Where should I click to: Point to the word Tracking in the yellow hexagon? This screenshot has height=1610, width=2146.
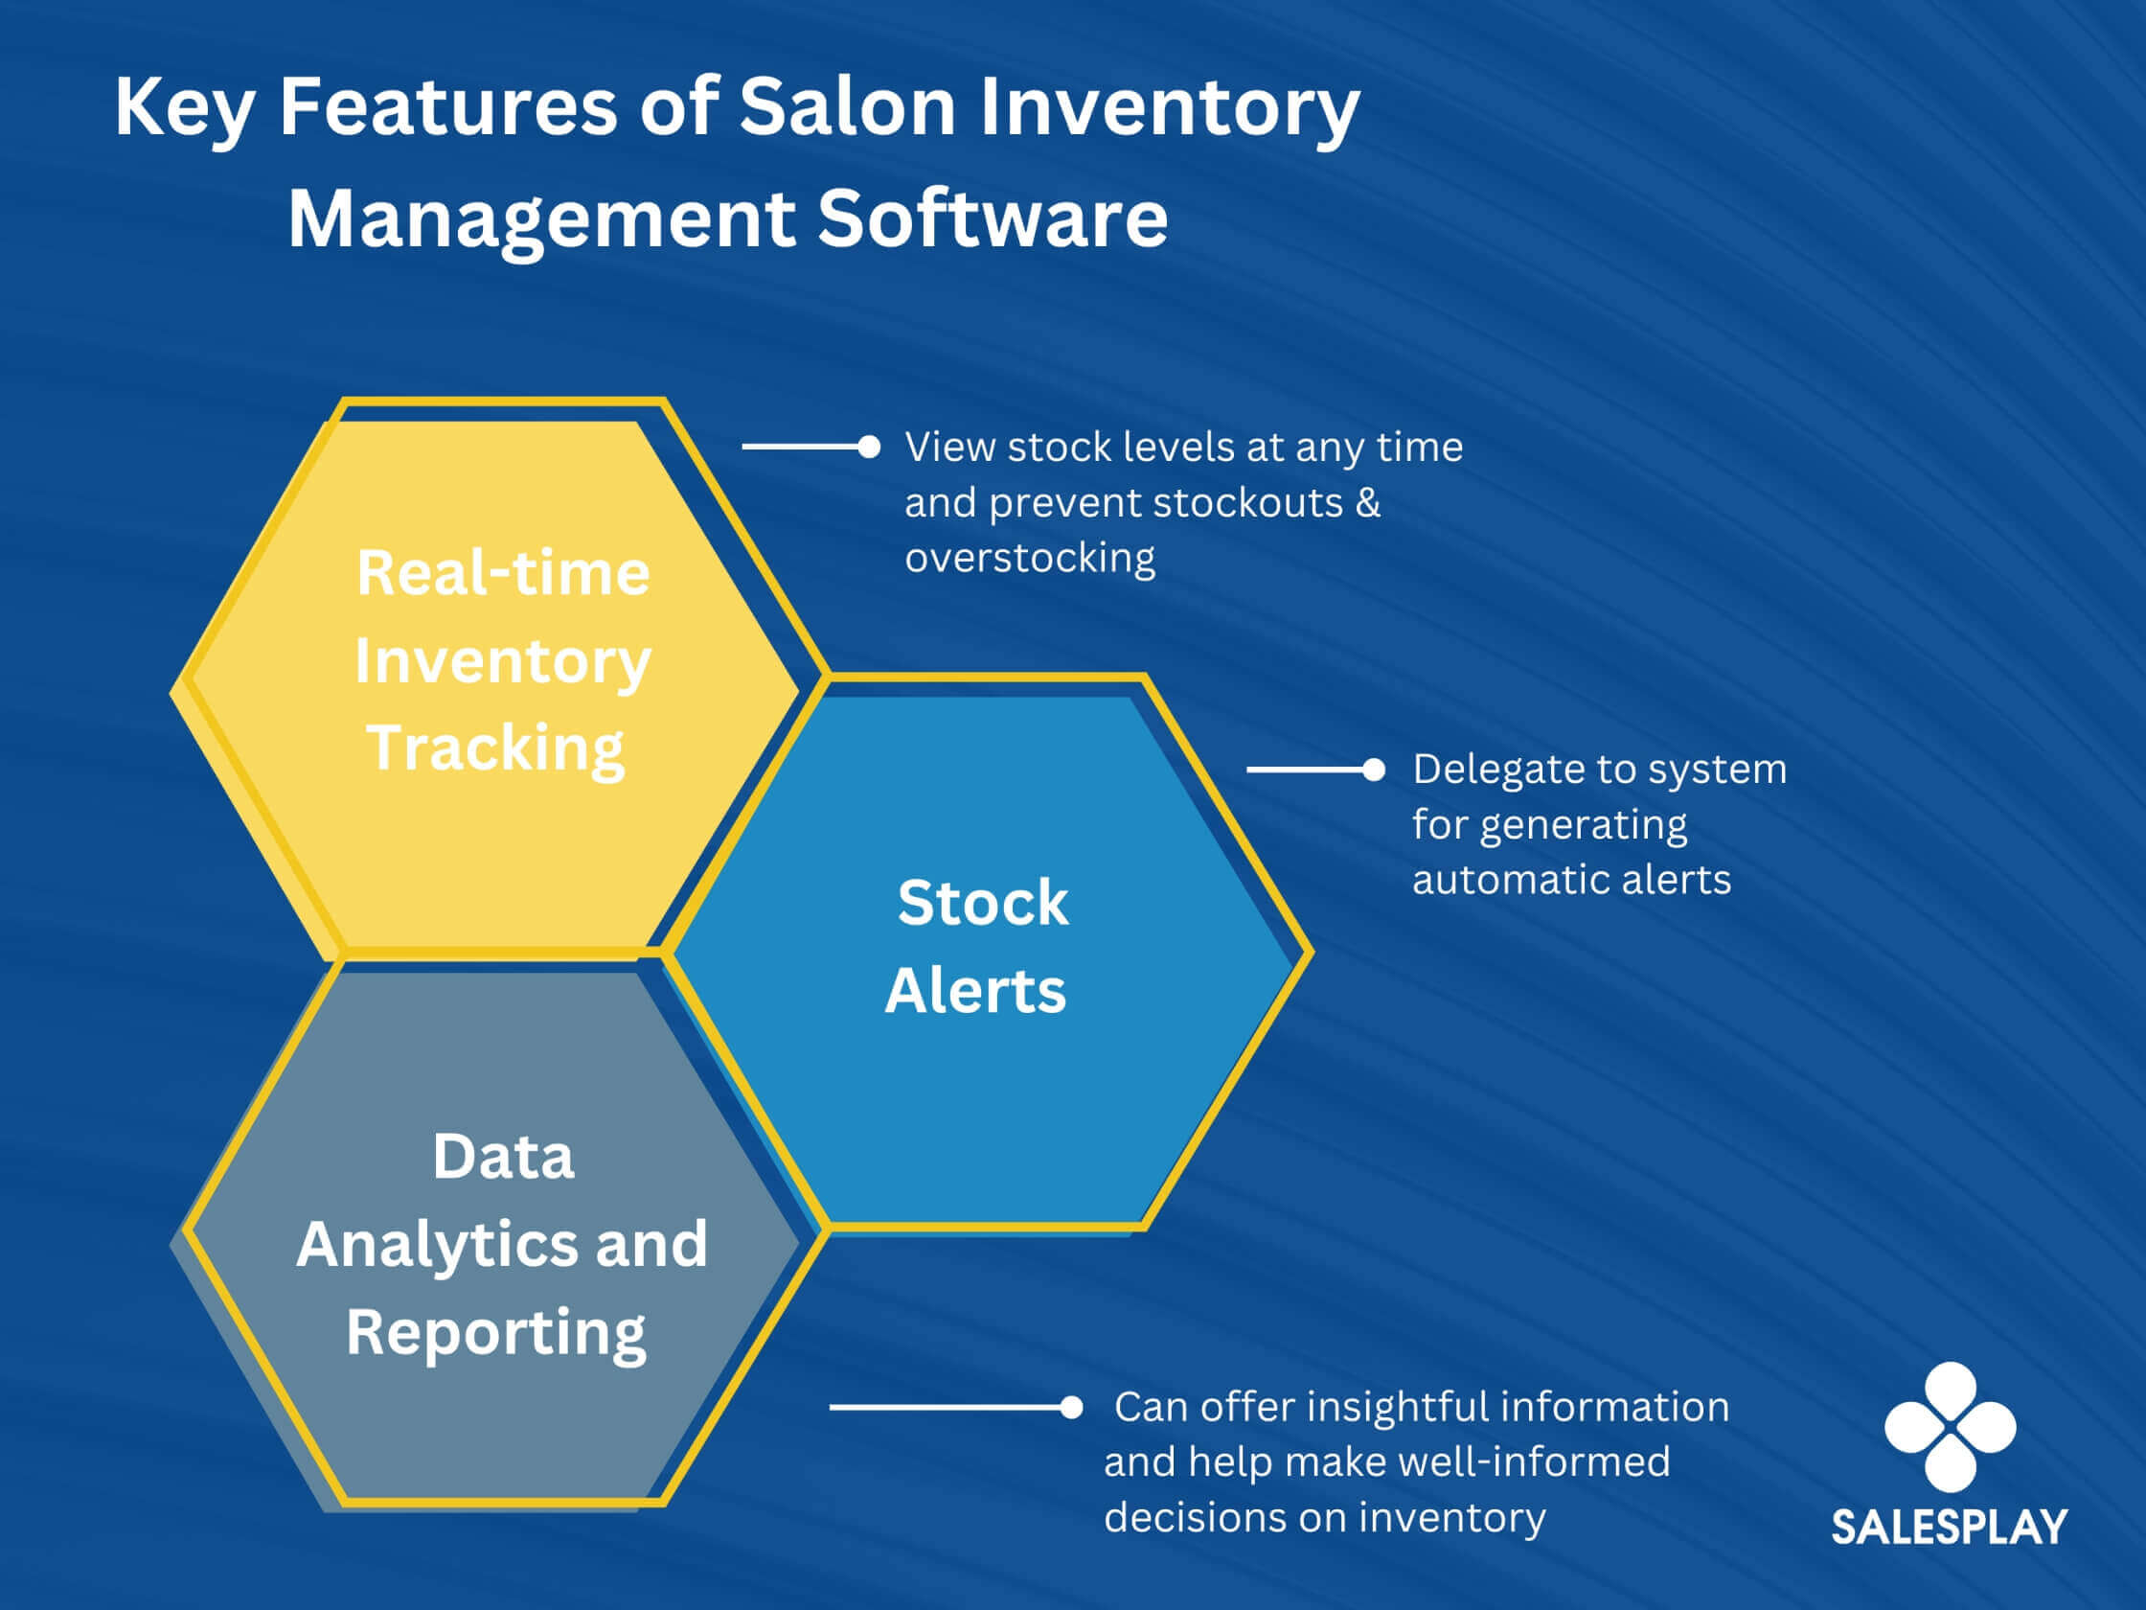495,749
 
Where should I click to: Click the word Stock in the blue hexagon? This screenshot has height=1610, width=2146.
983,903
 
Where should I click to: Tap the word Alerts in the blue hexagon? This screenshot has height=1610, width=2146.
975,991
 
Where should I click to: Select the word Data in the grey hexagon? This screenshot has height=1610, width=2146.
503,1156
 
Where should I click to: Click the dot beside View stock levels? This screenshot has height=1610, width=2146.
869,447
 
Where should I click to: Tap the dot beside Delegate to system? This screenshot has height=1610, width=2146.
1374,770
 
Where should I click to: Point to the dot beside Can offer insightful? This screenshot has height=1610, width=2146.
1071,1407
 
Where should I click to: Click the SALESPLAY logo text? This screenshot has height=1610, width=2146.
1949,1527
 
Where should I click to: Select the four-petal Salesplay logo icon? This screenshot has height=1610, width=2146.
1950,1427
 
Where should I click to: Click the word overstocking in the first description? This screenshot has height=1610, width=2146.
1030,558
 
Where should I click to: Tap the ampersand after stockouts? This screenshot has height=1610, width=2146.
1368,503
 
